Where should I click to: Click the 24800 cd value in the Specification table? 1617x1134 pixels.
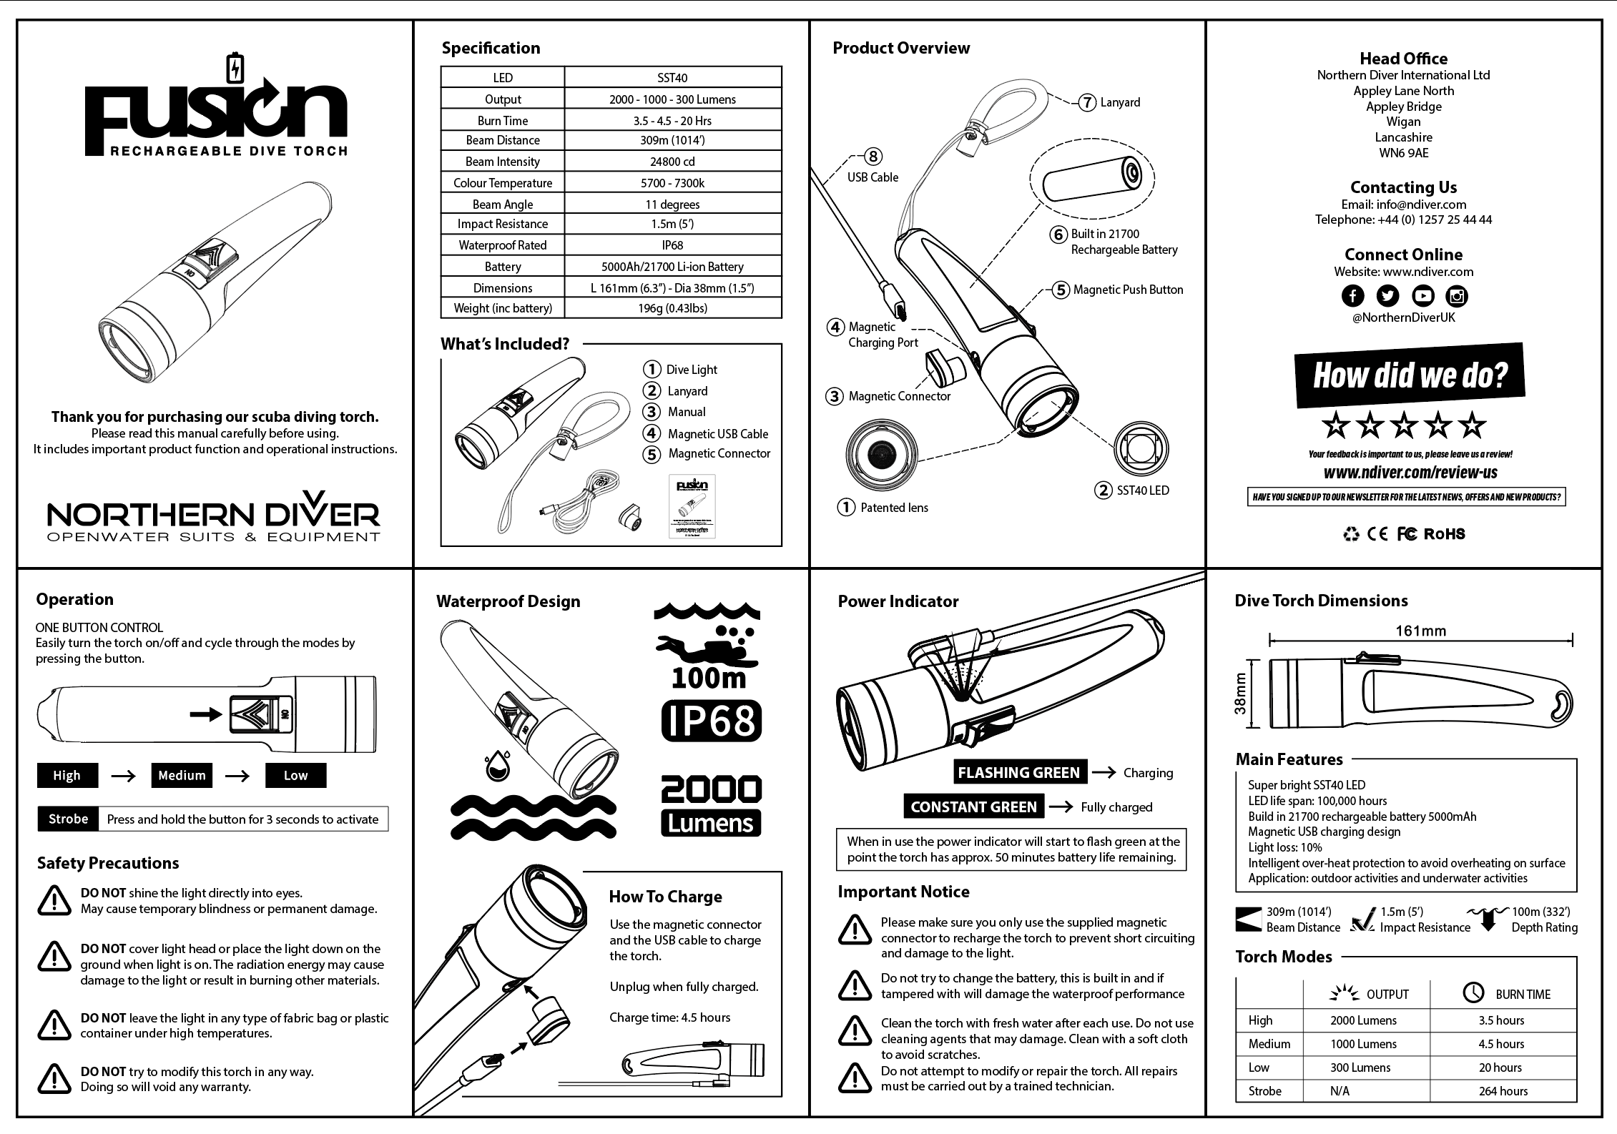(672, 162)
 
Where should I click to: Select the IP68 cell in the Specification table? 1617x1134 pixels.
(672, 245)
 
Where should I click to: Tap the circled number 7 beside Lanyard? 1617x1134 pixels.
(1087, 102)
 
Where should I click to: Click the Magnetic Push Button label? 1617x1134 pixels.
(1128, 290)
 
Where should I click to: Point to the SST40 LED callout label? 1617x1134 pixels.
(1143, 490)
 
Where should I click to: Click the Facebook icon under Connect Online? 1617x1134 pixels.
(1352, 295)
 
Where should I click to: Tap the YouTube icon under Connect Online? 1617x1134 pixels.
(1422, 295)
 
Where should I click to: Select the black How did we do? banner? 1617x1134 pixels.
(1410, 375)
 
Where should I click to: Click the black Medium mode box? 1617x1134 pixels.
(182, 775)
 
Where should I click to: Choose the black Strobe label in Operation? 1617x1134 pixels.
(68, 819)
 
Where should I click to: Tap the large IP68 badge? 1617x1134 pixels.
(712, 721)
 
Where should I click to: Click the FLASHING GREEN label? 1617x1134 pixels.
(1018, 772)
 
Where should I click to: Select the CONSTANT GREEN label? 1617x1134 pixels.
(973, 807)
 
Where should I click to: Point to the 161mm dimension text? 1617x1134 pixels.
(1420, 631)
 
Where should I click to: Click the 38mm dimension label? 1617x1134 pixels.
(1240, 694)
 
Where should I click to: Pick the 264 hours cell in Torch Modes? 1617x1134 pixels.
(1503, 1091)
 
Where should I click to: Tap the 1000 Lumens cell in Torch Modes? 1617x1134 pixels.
(1363, 1044)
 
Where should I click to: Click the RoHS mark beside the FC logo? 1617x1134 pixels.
(1445, 534)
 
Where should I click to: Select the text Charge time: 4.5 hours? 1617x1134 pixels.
(670, 1017)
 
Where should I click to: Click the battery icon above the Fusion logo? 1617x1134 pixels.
(234, 69)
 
